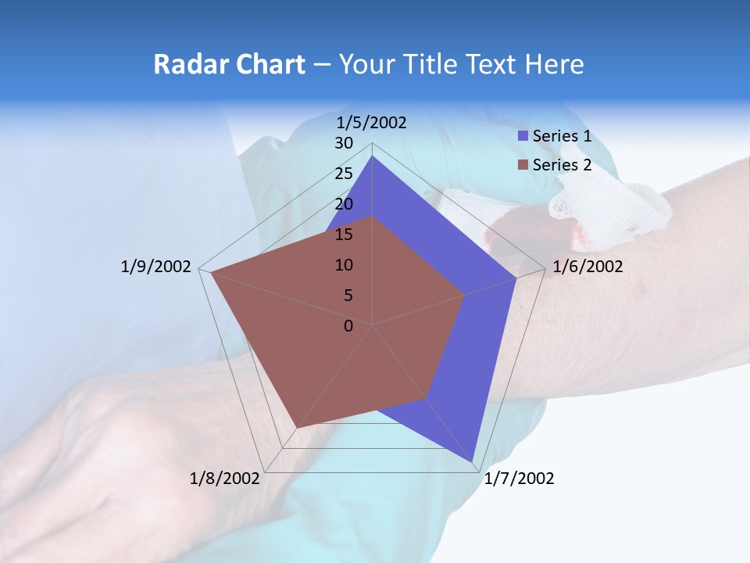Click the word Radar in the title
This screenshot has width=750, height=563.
(184, 64)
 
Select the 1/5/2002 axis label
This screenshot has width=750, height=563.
(371, 123)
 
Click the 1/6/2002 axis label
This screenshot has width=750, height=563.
(587, 267)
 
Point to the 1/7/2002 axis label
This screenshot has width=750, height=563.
(519, 479)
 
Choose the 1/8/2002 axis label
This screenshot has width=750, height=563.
(225, 479)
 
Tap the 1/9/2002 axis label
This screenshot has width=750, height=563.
(155, 267)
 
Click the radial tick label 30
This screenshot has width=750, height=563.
(344, 143)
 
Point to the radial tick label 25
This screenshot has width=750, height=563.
(344, 174)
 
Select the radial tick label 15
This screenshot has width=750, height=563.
(344, 235)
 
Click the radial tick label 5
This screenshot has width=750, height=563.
(348, 296)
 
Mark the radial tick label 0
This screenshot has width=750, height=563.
(348, 326)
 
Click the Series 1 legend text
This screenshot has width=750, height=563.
(562, 136)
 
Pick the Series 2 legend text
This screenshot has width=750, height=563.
(562, 165)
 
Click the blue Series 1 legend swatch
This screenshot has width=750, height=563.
(523, 136)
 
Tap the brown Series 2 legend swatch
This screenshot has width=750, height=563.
(523, 165)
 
